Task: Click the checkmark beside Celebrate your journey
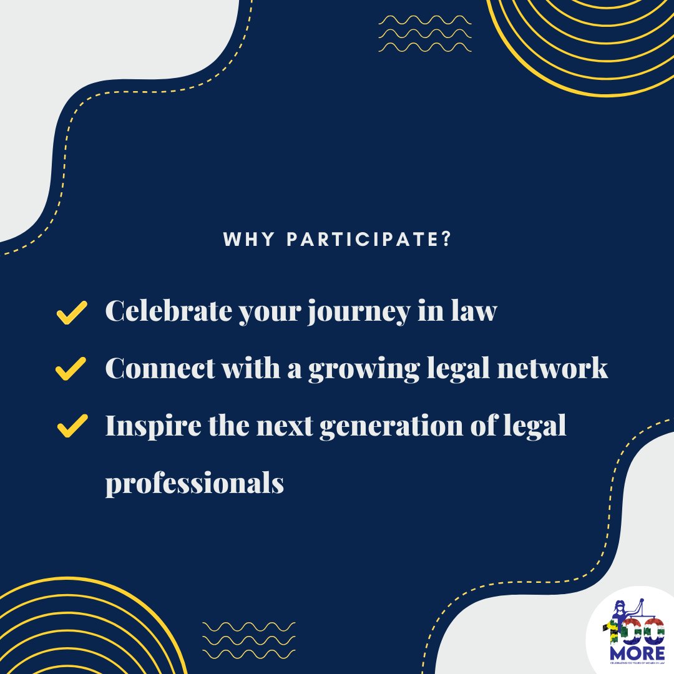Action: click(71, 313)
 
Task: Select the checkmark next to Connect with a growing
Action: click(71, 369)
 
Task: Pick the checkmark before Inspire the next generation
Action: click(71, 427)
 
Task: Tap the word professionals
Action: click(194, 484)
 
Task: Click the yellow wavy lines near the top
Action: click(424, 33)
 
